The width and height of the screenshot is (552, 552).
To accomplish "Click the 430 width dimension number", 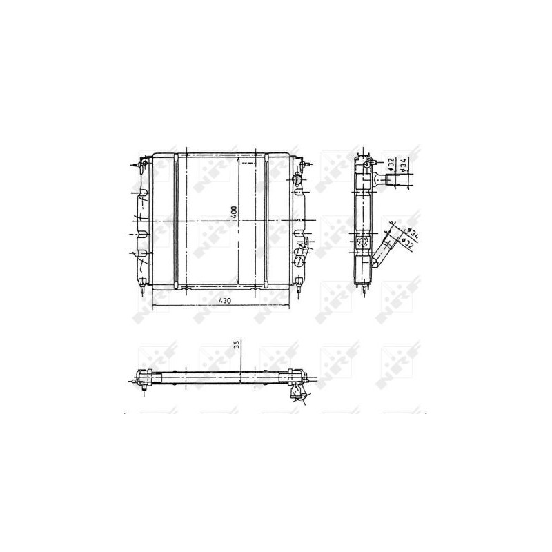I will pos(225,301).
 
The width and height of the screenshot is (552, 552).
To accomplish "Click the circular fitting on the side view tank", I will pos(364,241).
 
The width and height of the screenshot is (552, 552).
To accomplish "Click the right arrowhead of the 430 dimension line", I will pos(288,305).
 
